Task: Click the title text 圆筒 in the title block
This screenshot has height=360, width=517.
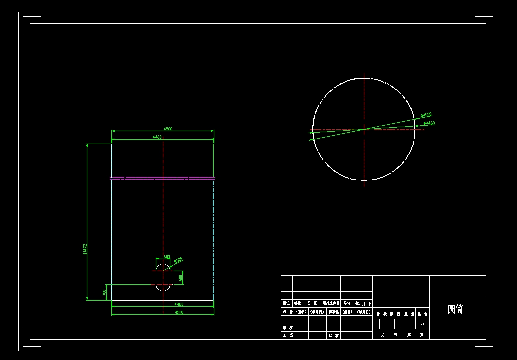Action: pyautogui.click(x=455, y=309)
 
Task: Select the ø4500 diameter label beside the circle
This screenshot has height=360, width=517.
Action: pyautogui.click(x=426, y=115)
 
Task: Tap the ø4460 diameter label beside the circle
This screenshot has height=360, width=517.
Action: pyautogui.click(x=429, y=123)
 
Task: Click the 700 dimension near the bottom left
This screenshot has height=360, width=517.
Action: pyautogui.click(x=104, y=292)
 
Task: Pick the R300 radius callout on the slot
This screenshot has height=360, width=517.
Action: pyautogui.click(x=178, y=260)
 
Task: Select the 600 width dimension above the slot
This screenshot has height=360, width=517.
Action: pyautogui.click(x=167, y=257)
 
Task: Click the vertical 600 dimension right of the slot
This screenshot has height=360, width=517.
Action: pyautogui.click(x=181, y=278)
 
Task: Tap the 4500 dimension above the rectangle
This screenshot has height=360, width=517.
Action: pyautogui.click(x=168, y=129)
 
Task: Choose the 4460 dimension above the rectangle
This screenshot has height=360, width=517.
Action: pyautogui.click(x=157, y=137)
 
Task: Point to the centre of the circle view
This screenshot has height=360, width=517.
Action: pyautogui.click(x=364, y=129)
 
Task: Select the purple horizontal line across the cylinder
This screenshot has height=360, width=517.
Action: pyautogui.click(x=163, y=178)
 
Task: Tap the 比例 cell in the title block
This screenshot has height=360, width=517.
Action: pyautogui.click(x=423, y=313)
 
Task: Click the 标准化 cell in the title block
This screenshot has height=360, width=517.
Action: pyautogui.click(x=331, y=312)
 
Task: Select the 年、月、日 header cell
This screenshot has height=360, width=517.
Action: pyautogui.click(x=363, y=303)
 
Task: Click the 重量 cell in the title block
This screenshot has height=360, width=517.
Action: pyautogui.click(x=409, y=313)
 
